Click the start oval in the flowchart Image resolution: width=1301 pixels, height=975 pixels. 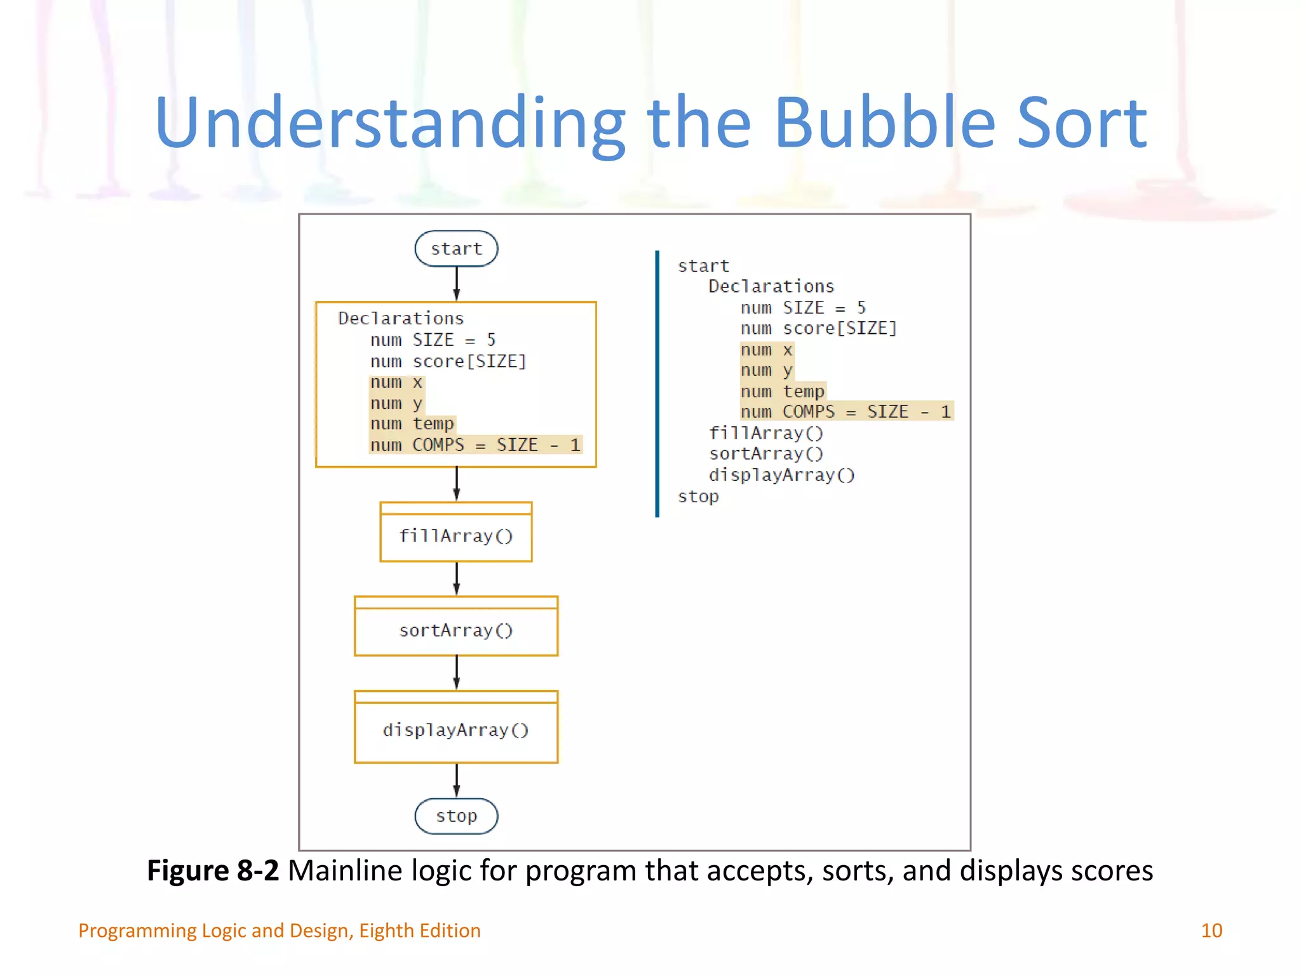click(456, 248)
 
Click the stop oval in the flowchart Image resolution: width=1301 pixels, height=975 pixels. click(456, 816)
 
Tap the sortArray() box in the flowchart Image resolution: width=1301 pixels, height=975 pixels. click(456, 630)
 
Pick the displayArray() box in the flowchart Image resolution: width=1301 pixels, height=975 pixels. click(456, 730)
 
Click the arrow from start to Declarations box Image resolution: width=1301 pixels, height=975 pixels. click(456, 283)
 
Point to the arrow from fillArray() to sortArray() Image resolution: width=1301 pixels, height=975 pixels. click(456, 578)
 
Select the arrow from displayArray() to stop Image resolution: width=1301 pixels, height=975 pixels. click(456, 779)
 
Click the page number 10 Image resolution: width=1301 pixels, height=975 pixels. click(1211, 931)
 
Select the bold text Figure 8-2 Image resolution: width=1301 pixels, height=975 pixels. click(213, 870)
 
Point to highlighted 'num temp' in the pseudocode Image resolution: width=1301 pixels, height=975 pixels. click(782, 391)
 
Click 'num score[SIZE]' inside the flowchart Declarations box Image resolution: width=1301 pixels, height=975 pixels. click(448, 361)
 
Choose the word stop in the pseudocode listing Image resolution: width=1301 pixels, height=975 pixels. click(698, 496)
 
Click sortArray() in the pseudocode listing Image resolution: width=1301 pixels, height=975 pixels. click(765, 454)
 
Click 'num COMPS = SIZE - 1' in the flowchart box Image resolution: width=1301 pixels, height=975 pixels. click(475, 445)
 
